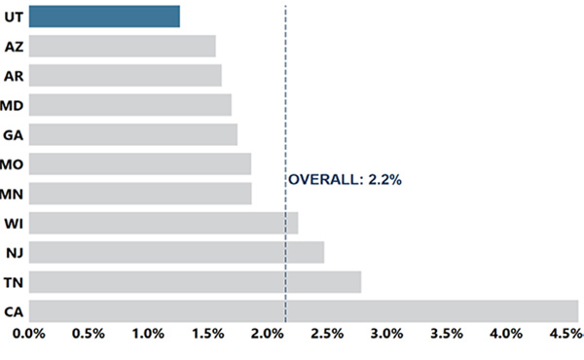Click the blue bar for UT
(104, 16)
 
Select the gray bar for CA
(304, 311)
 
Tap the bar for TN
(195, 282)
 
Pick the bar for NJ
(176, 252)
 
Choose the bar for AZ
(122, 46)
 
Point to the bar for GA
(132, 134)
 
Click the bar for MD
(129, 104)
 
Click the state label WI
(14, 223)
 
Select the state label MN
(14, 194)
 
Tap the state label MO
(14, 163)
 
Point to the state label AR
(14, 75)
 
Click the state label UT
(14, 16)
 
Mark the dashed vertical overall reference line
(285, 97)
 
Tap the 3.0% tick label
(386, 336)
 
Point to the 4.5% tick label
(566, 336)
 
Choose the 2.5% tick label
(326, 336)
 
